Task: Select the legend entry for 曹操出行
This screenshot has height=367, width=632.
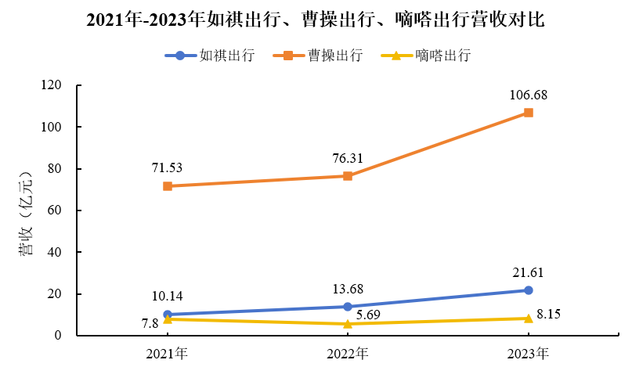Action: tap(317, 56)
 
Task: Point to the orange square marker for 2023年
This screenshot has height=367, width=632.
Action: tap(529, 113)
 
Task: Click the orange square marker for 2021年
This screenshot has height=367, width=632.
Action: tap(168, 186)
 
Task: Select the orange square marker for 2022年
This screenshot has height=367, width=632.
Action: tap(348, 176)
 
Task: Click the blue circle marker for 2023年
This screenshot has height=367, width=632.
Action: tap(529, 290)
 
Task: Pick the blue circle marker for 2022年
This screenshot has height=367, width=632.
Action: tap(348, 307)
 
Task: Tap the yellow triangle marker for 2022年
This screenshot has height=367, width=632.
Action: tap(348, 323)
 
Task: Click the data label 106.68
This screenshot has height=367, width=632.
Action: tap(528, 95)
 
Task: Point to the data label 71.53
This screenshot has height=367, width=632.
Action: tap(168, 167)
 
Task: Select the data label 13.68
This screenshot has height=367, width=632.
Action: tap(348, 289)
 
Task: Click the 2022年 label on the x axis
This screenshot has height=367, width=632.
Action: tap(348, 353)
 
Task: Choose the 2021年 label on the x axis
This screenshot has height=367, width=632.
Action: tap(168, 353)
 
